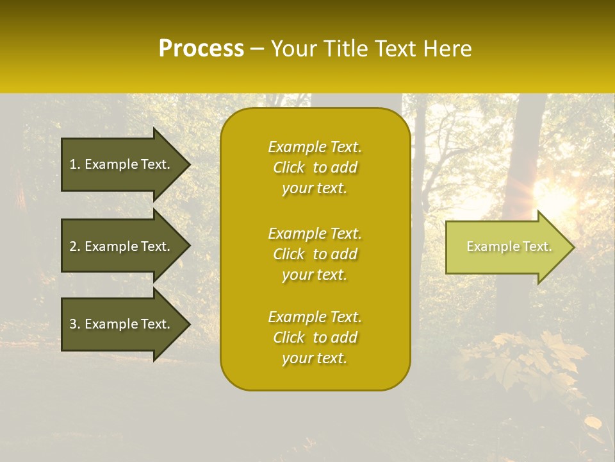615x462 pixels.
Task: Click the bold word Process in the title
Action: tap(201, 49)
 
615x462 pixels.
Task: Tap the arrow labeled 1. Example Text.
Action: tap(122, 164)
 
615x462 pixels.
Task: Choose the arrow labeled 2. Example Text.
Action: tap(122, 246)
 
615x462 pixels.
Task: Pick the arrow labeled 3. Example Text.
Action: tap(122, 324)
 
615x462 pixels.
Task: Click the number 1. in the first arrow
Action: tap(75, 164)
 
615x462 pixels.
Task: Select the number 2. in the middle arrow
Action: tap(75, 246)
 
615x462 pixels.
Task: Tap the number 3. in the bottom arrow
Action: tap(75, 324)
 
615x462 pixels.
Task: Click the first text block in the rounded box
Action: tap(315, 167)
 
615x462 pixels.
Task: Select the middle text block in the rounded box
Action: tap(315, 254)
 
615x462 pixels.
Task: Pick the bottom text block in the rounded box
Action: tap(315, 338)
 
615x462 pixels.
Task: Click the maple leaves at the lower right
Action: tap(532, 359)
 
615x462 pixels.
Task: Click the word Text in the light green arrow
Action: tap(537, 246)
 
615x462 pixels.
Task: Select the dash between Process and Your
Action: tap(257, 49)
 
